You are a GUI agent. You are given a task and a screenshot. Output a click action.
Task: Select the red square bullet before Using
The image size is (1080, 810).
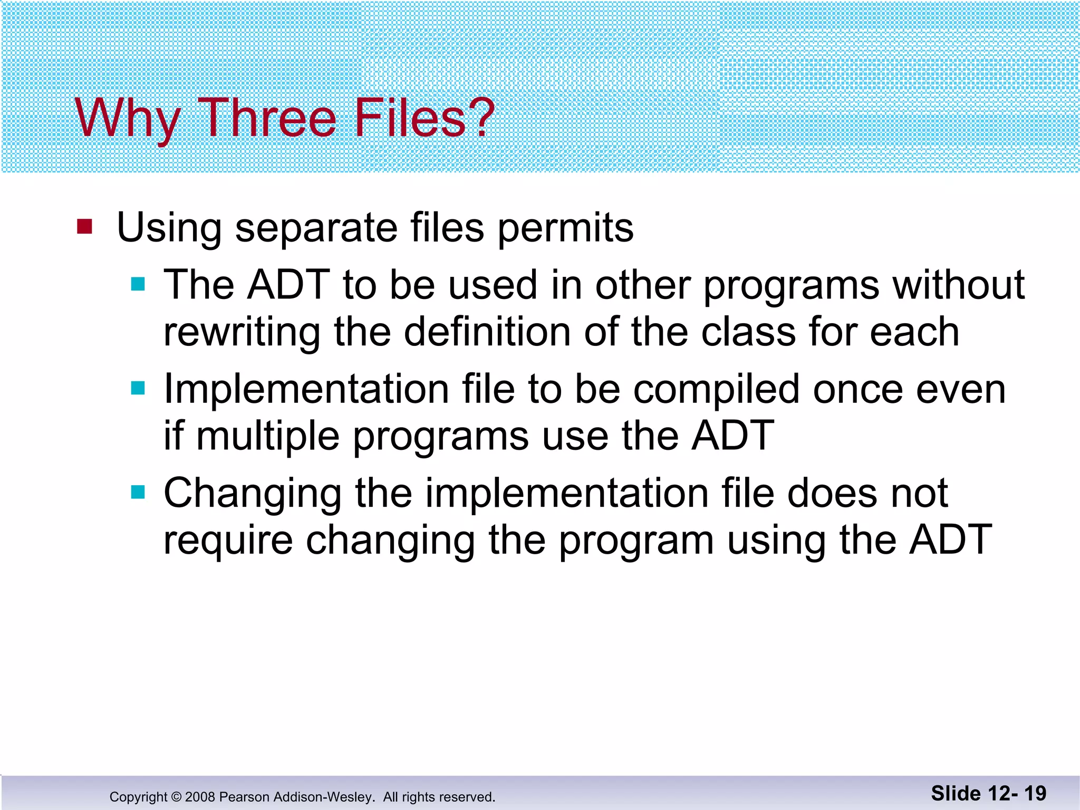(x=84, y=227)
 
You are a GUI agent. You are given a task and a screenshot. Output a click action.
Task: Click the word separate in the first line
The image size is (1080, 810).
(x=316, y=228)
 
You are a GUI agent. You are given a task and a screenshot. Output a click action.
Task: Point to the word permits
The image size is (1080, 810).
(x=565, y=228)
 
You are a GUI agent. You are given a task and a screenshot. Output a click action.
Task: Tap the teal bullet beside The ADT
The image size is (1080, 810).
(x=138, y=284)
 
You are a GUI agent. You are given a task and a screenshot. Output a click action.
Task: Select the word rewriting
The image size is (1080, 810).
(x=242, y=332)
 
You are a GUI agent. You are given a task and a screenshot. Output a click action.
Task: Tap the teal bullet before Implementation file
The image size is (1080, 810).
(x=138, y=389)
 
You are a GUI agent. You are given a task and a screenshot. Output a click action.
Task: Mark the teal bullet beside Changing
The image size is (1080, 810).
(x=138, y=493)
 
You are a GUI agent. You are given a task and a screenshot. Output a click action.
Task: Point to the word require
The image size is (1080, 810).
(x=228, y=541)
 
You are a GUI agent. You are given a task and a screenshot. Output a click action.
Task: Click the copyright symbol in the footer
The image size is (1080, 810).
(x=176, y=797)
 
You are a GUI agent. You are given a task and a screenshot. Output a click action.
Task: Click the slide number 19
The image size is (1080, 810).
(x=1035, y=793)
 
